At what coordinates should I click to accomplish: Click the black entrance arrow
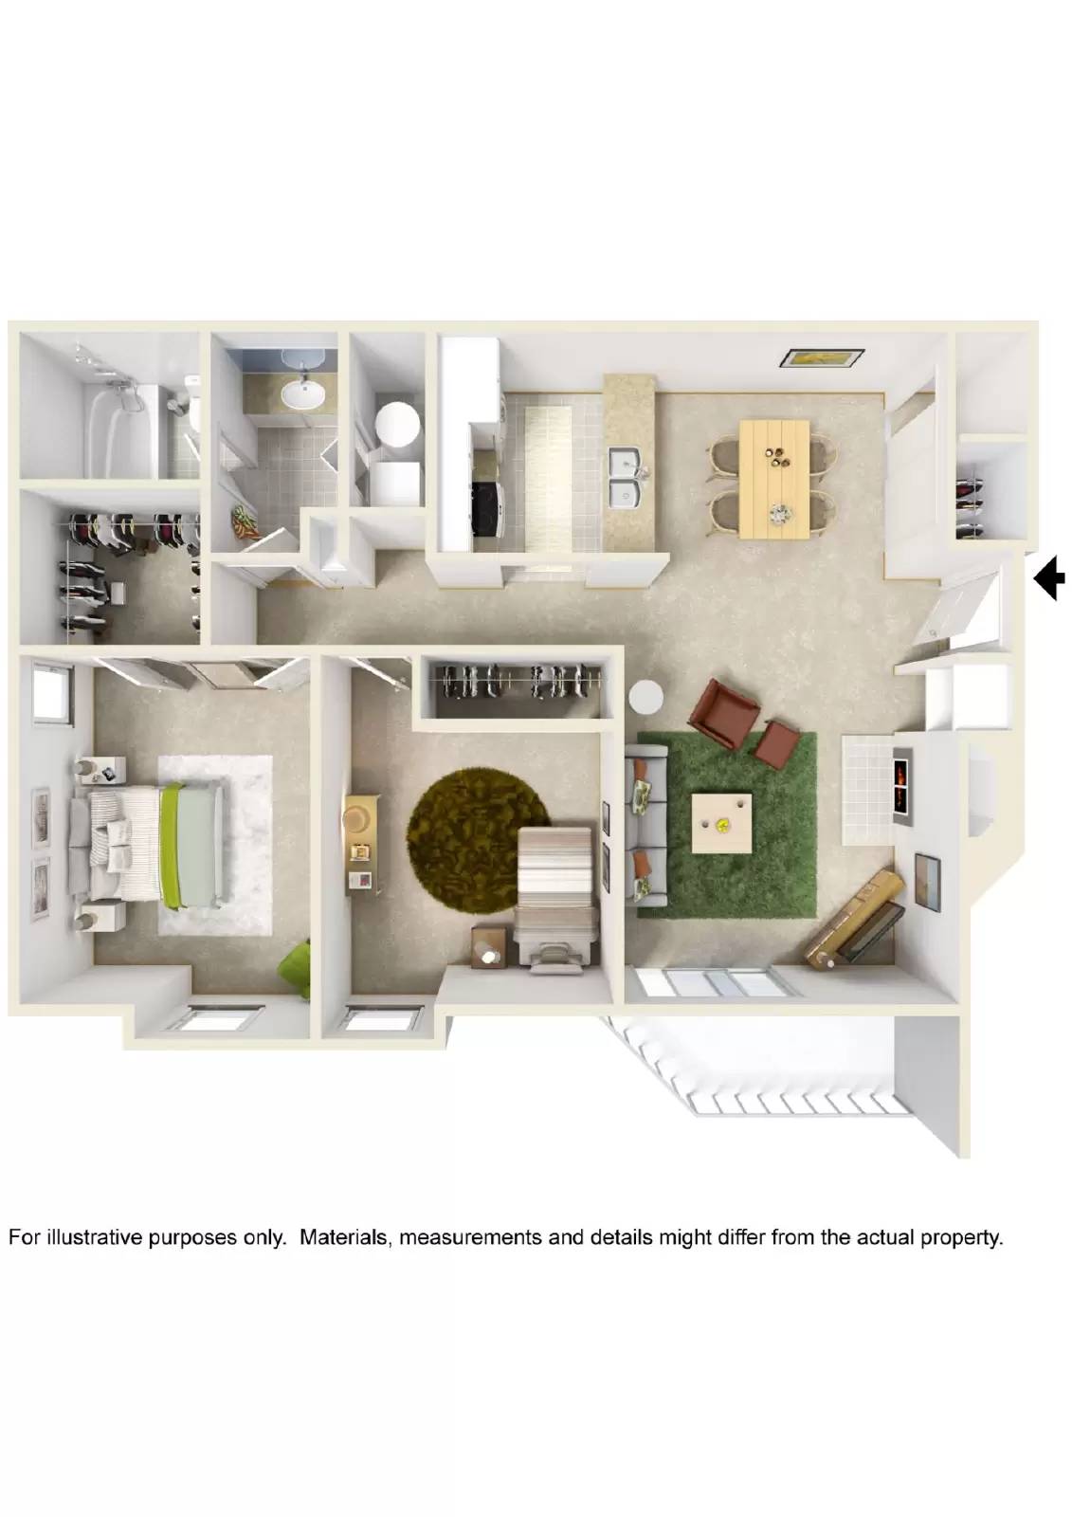tap(1050, 578)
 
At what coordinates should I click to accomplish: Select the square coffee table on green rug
tap(724, 824)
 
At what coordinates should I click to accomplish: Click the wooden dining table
tap(773, 478)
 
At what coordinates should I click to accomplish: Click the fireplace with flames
tap(900, 786)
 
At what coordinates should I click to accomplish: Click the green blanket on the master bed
tap(171, 844)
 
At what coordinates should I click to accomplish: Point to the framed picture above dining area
tap(821, 358)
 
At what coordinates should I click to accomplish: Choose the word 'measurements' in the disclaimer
tap(469, 1237)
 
